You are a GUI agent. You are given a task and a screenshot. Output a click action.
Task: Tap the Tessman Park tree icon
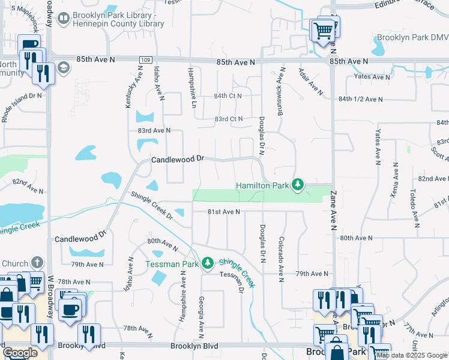[208, 263]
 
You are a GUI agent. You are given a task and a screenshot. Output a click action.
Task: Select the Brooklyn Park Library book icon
[62, 19]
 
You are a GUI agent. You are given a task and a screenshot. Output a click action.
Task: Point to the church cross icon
[37, 263]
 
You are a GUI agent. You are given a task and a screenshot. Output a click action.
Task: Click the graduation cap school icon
[62, 67]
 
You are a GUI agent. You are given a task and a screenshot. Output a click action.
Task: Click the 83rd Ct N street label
[229, 119]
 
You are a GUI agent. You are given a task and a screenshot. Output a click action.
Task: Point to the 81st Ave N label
[224, 212]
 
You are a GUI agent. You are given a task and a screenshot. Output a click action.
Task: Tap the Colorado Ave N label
[281, 259]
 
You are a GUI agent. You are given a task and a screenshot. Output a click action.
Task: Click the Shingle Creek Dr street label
[152, 206]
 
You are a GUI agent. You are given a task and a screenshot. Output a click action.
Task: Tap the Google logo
[19, 353]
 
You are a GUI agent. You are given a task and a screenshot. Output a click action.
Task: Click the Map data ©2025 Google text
[412, 355]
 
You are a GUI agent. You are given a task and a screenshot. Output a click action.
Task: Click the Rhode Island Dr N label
[22, 106]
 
